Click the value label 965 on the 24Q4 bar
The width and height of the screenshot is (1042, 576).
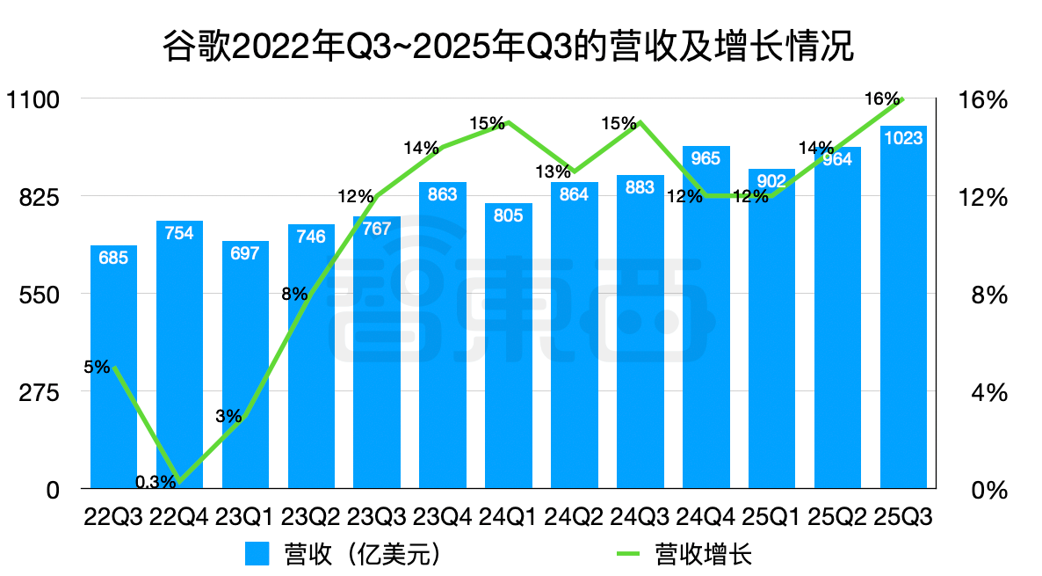pyautogui.click(x=706, y=158)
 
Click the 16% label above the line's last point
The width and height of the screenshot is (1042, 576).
pyautogui.click(x=881, y=99)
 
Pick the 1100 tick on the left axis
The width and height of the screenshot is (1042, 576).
pyautogui.click(x=33, y=99)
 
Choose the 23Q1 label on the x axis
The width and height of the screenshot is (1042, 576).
pyautogui.click(x=245, y=516)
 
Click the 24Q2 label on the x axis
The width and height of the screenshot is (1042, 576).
pyautogui.click(x=575, y=516)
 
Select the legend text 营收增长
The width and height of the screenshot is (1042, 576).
pyautogui.click(x=704, y=555)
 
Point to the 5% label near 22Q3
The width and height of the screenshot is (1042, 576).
pyautogui.click(x=97, y=367)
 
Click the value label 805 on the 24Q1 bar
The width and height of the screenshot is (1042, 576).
pyautogui.click(x=509, y=215)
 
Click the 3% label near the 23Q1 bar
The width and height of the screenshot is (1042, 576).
pyautogui.click(x=228, y=416)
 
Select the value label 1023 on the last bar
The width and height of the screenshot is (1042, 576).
pyautogui.click(x=903, y=138)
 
